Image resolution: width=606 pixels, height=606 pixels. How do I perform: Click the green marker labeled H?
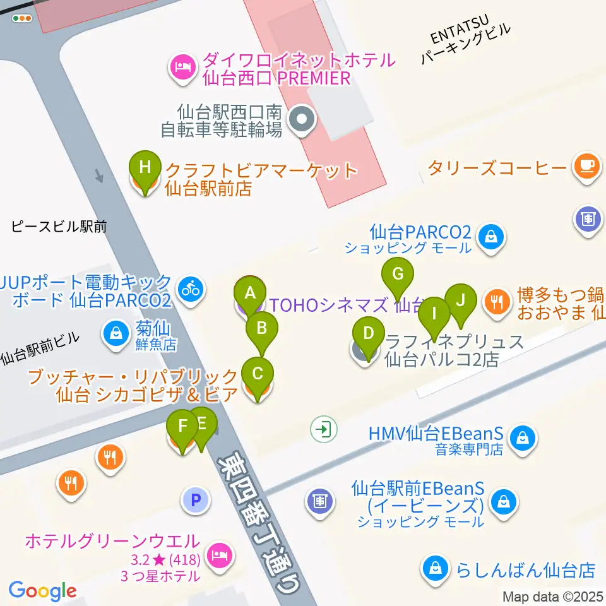(x=145, y=169)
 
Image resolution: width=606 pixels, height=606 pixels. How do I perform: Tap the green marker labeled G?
(x=398, y=275)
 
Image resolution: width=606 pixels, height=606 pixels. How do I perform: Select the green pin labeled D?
(x=369, y=333)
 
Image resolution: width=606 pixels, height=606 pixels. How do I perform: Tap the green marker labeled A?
(x=250, y=293)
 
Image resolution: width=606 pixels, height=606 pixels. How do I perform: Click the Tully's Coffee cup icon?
(x=585, y=166)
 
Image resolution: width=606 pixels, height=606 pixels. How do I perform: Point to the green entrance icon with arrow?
(x=324, y=430)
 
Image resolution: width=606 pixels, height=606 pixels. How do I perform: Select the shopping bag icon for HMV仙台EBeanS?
(x=522, y=437)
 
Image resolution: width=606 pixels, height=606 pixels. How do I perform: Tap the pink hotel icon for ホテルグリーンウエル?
(x=219, y=555)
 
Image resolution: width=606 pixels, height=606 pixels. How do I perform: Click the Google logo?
(x=42, y=590)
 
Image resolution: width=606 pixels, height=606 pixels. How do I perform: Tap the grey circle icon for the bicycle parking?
(x=302, y=119)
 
